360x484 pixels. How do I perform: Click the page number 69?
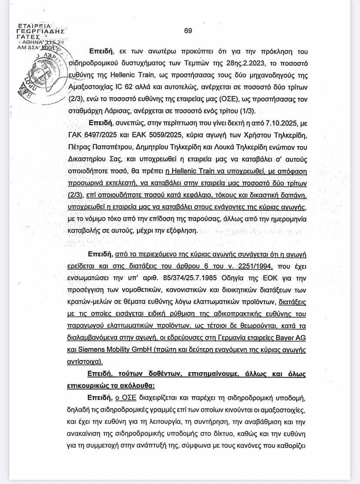[188, 31]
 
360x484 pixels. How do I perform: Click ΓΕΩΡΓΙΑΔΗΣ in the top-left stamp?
[40, 32]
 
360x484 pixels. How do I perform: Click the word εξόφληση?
[179, 229]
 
